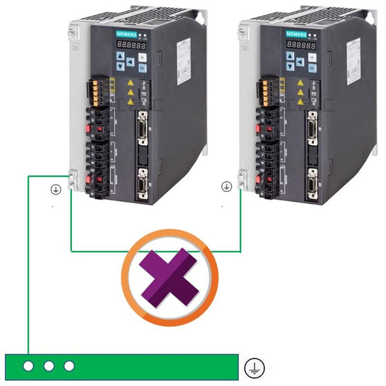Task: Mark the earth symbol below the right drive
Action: tap(226, 187)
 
